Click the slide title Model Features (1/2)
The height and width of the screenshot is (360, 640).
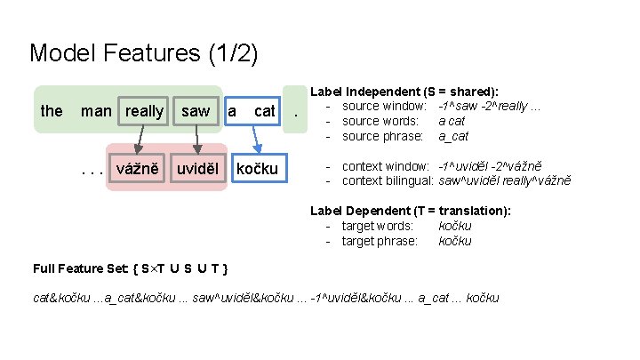pyautogui.click(x=144, y=53)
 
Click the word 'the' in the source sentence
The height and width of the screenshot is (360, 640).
pyautogui.click(x=52, y=111)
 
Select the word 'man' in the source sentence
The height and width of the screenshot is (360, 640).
pyautogui.click(x=96, y=111)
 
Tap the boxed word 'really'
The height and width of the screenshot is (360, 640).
pyautogui.click(x=144, y=111)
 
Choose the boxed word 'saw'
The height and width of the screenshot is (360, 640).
pyautogui.click(x=196, y=111)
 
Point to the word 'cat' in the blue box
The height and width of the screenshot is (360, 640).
pyautogui.click(x=265, y=111)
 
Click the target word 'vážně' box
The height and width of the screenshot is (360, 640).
pyautogui.click(x=137, y=168)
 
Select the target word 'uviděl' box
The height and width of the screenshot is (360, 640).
pyautogui.click(x=197, y=168)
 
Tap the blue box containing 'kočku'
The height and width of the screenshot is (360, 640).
pyautogui.click(x=256, y=168)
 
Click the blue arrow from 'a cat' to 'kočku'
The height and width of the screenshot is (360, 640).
pyautogui.click(x=255, y=139)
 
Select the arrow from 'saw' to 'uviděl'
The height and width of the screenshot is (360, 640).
pyautogui.click(x=196, y=139)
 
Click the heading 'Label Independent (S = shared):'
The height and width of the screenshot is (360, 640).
pyautogui.click(x=404, y=92)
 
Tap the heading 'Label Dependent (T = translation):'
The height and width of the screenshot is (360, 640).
pyautogui.click(x=410, y=211)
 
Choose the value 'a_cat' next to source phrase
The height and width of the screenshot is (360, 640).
pyautogui.click(x=453, y=136)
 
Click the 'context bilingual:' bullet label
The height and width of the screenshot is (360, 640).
pyautogui.click(x=387, y=180)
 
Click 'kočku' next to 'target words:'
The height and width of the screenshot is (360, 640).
pyautogui.click(x=455, y=226)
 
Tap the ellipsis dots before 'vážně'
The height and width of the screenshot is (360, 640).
pyautogui.click(x=92, y=169)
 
